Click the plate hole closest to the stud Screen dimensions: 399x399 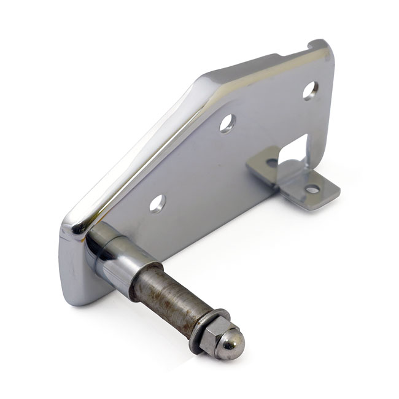click(157, 202)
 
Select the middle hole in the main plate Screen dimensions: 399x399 click(228, 123)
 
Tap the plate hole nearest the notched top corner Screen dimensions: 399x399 click(310, 90)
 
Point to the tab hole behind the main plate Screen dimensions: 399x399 click(271, 163)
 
